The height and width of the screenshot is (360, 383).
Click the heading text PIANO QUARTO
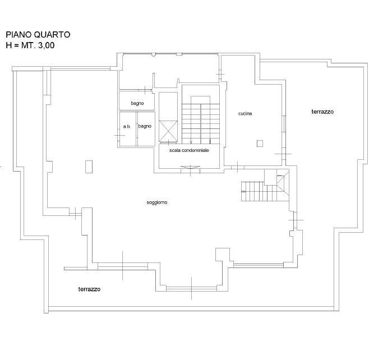click(x=38, y=34)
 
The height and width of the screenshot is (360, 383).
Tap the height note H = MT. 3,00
click(x=30, y=45)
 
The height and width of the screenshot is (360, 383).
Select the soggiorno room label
click(x=157, y=202)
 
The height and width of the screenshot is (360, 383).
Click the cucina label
click(x=245, y=114)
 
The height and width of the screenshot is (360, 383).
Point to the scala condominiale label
click(x=189, y=150)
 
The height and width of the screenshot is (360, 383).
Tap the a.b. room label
click(x=127, y=127)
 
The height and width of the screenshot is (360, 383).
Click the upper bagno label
click(x=137, y=103)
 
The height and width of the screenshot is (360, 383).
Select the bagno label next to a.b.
click(x=145, y=126)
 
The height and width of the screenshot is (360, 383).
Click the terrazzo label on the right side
click(x=322, y=112)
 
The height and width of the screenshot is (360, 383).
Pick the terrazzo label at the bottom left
click(x=89, y=289)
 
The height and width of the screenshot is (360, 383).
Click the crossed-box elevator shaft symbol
click(x=168, y=131)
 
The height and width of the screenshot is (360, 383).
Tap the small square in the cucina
click(x=260, y=144)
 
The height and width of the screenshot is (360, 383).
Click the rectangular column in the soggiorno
click(x=89, y=167)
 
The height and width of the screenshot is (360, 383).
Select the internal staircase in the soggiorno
click(x=259, y=192)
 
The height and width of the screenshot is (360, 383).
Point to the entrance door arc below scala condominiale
click(x=190, y=167)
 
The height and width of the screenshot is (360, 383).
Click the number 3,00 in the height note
click(x=46, y=45)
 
